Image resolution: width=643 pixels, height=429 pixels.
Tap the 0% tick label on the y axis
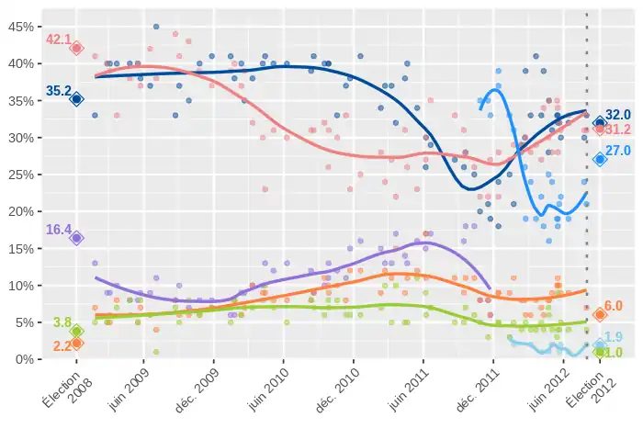coord(23,359)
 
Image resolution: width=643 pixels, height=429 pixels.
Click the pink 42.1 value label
coord(59,40)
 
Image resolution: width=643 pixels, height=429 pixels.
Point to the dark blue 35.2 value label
coord(59,91)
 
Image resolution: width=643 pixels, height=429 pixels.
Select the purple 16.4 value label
coord(59,230)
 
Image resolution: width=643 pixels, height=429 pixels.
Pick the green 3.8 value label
coord(62,322)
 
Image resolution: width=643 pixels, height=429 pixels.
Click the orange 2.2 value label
coord(62,346)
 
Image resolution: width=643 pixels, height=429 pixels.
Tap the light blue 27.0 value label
coord(617,151)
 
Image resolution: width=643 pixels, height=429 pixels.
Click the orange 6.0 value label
coord(614,306)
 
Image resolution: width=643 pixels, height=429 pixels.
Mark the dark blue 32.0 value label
coord(617,115)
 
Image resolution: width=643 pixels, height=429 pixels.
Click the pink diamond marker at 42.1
coord(77,48)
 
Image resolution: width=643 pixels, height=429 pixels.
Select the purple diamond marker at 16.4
coord(77,238)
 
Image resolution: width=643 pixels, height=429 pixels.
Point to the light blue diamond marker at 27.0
coord(600,159)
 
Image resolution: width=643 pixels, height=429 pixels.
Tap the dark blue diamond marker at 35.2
coord(77,99)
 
